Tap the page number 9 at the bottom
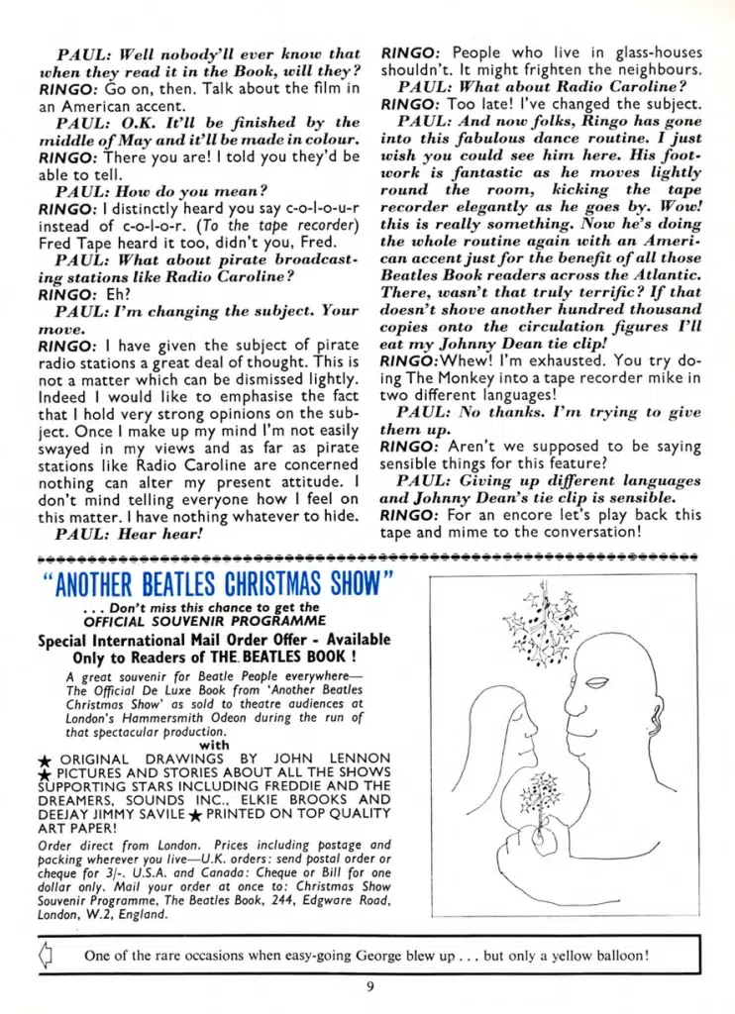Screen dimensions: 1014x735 click(368, 985)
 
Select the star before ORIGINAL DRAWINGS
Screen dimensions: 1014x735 click(44, 759)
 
